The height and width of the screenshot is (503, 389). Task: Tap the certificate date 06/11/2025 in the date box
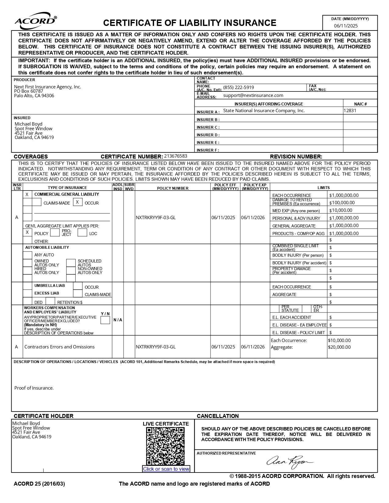tap(346, 26)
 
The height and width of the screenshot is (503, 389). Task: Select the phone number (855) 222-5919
tap(239, 87)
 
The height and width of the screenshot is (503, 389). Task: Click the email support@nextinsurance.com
tap(253, 95)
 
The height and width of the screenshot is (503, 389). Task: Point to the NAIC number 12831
tap(350, 111)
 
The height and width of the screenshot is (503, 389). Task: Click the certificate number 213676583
tap(176, 156)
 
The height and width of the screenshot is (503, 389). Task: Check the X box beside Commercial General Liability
tap(27, 194)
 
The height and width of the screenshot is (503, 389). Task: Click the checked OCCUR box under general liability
tap(77, 202)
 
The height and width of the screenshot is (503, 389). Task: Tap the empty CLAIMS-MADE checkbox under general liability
tap(37, 202)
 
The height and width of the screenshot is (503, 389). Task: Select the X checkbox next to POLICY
tap(27, 232)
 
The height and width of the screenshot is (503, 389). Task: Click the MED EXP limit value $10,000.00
tap(341, 210)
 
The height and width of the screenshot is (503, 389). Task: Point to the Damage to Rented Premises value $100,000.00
tap(342, 203)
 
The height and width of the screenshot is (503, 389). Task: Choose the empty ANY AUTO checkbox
tap(27, 255)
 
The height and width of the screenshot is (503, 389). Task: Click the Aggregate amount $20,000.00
tap(339, 347)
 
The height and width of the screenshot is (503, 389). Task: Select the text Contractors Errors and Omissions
tap(59, 347)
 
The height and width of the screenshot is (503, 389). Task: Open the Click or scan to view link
tap(166, 469)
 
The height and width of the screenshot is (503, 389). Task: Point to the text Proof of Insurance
tap(34, 388)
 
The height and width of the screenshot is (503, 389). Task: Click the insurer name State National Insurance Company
tap(264, 111)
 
